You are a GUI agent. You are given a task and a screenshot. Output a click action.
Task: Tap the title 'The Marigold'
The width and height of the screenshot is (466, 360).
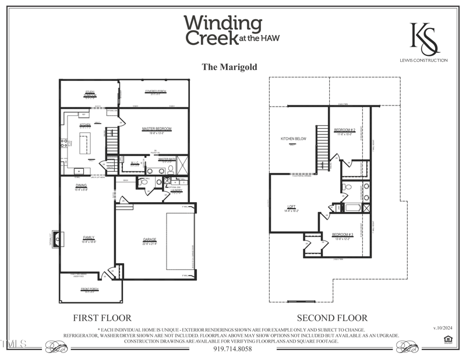229,67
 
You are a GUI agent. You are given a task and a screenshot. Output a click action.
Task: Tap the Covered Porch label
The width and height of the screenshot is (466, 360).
156,91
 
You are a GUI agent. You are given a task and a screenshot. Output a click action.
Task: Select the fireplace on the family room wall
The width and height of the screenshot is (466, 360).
57,238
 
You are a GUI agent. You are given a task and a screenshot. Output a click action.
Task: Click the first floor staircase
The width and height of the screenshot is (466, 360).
112,140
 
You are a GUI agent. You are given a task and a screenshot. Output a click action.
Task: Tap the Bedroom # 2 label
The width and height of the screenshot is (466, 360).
344,130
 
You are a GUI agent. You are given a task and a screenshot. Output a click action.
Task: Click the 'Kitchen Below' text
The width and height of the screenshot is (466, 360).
294,139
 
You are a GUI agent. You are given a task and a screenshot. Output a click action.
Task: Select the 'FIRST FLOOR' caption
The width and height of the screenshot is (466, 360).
102,318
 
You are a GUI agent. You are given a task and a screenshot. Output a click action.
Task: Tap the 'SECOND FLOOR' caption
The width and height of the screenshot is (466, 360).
332,318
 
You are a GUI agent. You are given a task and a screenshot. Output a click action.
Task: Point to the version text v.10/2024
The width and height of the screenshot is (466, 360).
443,329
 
